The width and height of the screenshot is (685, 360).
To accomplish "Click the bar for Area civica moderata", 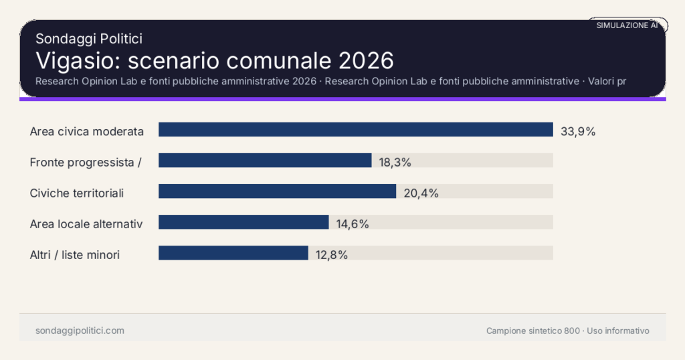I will (355, 130).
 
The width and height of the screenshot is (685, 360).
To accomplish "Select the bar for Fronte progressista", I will (265, 161).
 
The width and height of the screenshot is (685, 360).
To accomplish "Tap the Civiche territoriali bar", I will (277, 191).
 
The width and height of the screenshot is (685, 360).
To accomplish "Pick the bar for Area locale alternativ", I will (243, 222).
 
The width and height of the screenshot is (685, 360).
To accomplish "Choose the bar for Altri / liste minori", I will (233, 253).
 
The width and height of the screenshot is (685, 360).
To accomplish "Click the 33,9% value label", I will (578, 131).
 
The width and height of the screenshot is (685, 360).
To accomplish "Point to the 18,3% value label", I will (395, 162).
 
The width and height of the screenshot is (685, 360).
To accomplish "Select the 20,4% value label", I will (421, 193).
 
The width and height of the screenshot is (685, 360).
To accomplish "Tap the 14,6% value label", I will (353, 223).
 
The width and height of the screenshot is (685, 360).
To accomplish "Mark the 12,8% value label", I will (332, 254).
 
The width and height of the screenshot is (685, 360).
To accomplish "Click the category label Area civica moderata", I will (87, 131).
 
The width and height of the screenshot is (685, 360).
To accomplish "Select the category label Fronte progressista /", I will (86, 162).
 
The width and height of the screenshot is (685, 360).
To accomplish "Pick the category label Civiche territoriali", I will (77, 193).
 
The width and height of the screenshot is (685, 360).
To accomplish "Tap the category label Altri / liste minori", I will (75, 254).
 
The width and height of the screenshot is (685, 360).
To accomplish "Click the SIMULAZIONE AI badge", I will (627, 25).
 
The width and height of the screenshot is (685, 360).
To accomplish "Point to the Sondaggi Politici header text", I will (88, 39).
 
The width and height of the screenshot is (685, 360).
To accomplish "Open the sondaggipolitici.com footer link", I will (80, 331).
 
